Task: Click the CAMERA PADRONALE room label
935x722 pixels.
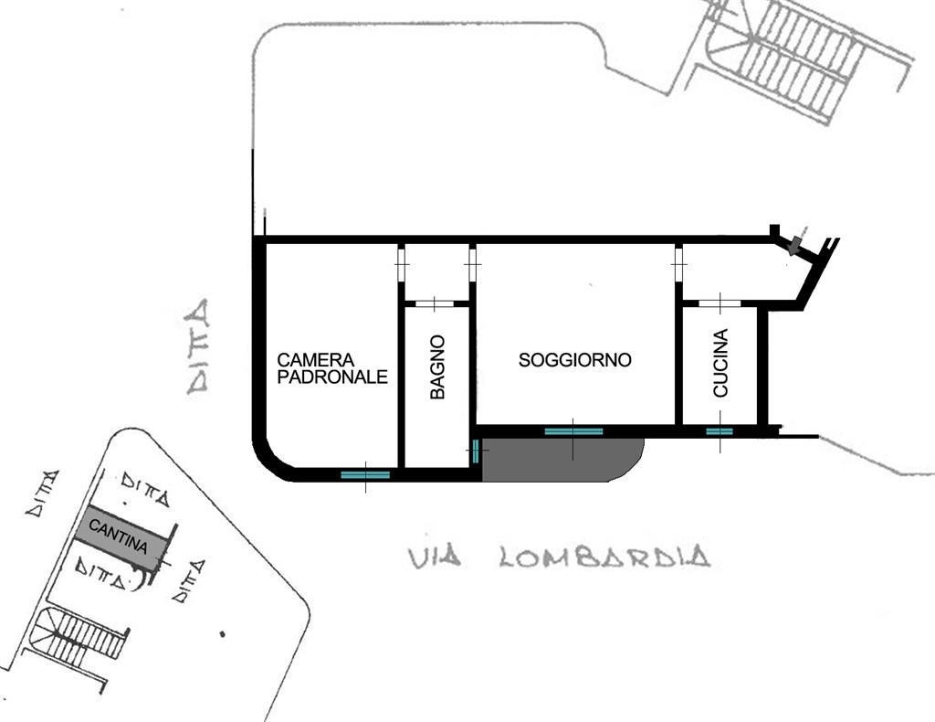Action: pos(332,368)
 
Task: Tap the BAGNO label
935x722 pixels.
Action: pos(437,367)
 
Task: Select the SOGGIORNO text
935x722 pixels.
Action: pos(575,360)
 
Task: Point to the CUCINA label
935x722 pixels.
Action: pos(720,363)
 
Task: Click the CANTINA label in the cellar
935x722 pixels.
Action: pos(118,536)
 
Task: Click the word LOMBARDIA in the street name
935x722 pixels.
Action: pos(604,557)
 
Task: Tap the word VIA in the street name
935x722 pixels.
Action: pos(435,557)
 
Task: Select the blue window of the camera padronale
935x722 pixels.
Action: pos(365,475)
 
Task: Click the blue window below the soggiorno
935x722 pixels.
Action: pos(573,430)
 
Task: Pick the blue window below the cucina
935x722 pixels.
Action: pos(720,431)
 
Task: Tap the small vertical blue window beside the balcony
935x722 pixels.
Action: pos(475,451)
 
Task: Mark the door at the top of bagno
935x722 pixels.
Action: pos(435,303)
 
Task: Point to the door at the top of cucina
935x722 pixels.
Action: pos(720,303)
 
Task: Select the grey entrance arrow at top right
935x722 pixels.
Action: pos(795,245)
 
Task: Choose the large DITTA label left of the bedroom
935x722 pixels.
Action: pos(197,346)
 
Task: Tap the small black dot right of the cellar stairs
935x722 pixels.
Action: pos(223,634)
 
